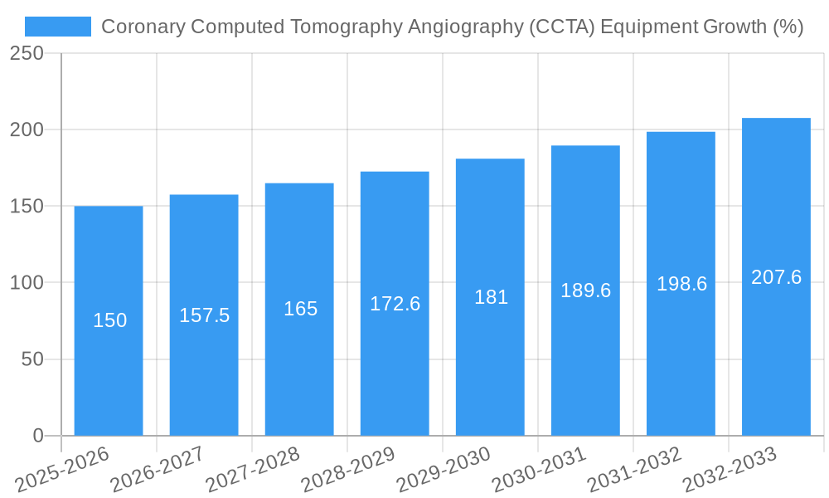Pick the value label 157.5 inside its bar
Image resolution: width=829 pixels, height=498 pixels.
coord(205,315)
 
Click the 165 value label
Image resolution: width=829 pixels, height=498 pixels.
coord(300,309)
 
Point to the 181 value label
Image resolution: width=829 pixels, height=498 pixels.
coord(491,297)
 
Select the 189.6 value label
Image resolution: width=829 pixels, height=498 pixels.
coord(586,290)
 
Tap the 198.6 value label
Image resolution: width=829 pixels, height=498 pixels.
coord(681,284)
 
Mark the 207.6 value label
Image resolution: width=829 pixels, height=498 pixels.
coord(776,277)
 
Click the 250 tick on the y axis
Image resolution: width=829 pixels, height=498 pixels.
coord(27,53)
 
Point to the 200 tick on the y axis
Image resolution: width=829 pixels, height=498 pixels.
coord(27,129)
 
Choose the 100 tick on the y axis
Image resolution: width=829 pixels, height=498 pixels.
coord(27,282)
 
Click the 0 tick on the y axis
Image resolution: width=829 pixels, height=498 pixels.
coord(38,436)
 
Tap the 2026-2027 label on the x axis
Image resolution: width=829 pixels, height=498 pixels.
coord(158,470)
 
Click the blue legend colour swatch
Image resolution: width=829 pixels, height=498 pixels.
coord(58,27)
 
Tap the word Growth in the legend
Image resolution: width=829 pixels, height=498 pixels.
coord(734,27)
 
